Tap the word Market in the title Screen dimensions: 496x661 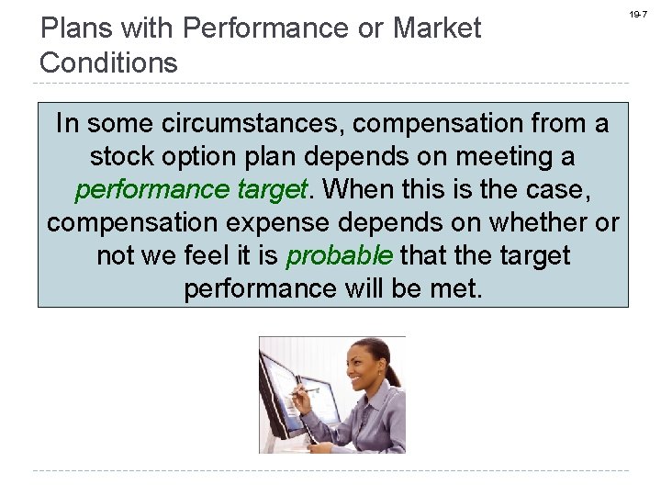(436, 28)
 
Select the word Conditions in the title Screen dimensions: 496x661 (109, 62)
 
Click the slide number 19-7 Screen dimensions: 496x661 (638, 15)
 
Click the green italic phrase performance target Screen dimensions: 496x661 (190, 189)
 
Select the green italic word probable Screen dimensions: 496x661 (340, 255)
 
